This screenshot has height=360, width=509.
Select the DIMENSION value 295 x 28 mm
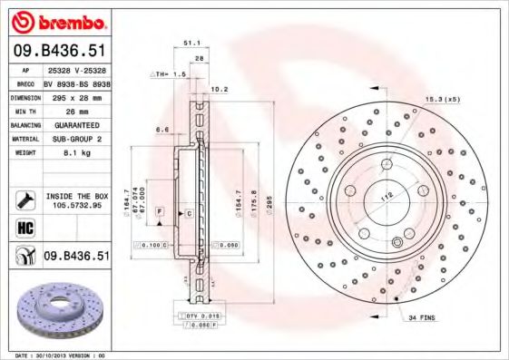(x=75, y=95)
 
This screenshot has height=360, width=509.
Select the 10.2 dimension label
(x=219, y=90)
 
